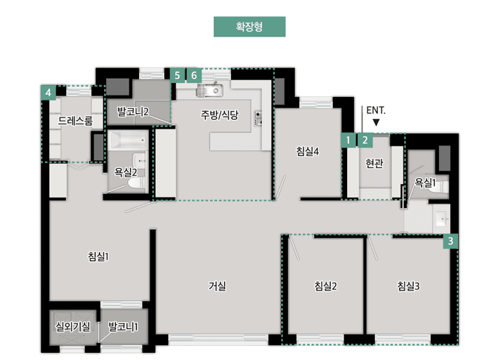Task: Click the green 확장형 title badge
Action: tap(249, 27)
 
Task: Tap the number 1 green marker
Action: tap(348, 140)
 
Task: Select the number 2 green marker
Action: tap(365, 140)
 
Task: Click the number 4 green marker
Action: tap(48, 94)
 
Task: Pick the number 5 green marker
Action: tap(178, 75)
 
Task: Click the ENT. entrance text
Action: tap(376, 110)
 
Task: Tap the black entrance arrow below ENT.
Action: tap(377, 122)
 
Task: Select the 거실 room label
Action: tap(217, 286)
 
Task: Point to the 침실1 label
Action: tap(98, 257)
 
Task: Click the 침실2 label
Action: tap(325, 286)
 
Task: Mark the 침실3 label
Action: tap(408, 286)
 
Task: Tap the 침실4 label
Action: tap(308, 150)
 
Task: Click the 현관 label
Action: tap(374, 164)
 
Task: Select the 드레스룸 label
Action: tap(75, 121)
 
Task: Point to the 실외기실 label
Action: tap(73, 327)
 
